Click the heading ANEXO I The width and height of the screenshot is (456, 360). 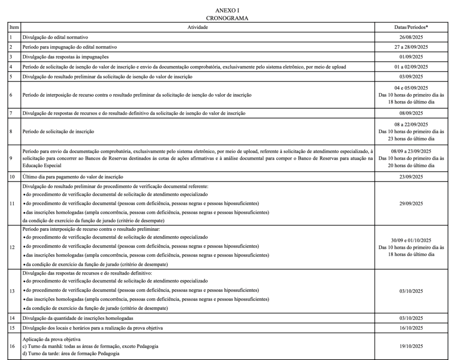pyautogui.click(x=228, y=10)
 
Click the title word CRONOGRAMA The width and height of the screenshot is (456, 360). pyautogui.click(x=228, y=18)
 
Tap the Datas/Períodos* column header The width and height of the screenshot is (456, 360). pyautogui.click(x=414, y=27)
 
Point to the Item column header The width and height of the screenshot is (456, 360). pyautogui.click(x=14, y=27)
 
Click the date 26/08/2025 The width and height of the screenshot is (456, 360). pyautogui.click(x=414, y=37)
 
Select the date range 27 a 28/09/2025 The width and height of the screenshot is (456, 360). pyautogui.click(x=414, y=47)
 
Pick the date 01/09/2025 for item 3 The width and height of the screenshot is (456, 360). pyautogui.click(x=414, y=57)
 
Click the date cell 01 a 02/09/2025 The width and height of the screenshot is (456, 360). pyautogui.click(x=414, y=67)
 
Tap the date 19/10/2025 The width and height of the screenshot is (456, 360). pyautogui.click(x=414, y=346)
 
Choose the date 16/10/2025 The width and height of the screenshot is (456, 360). pyautogui.click(x=414, y=328)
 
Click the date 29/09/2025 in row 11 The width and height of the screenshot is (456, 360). pyautogui.click(x=414, y=203)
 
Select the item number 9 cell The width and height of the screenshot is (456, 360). pyautogui.click(x=11, y=158)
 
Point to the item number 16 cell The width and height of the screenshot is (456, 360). pyautogui.click(x=12, y=346)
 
